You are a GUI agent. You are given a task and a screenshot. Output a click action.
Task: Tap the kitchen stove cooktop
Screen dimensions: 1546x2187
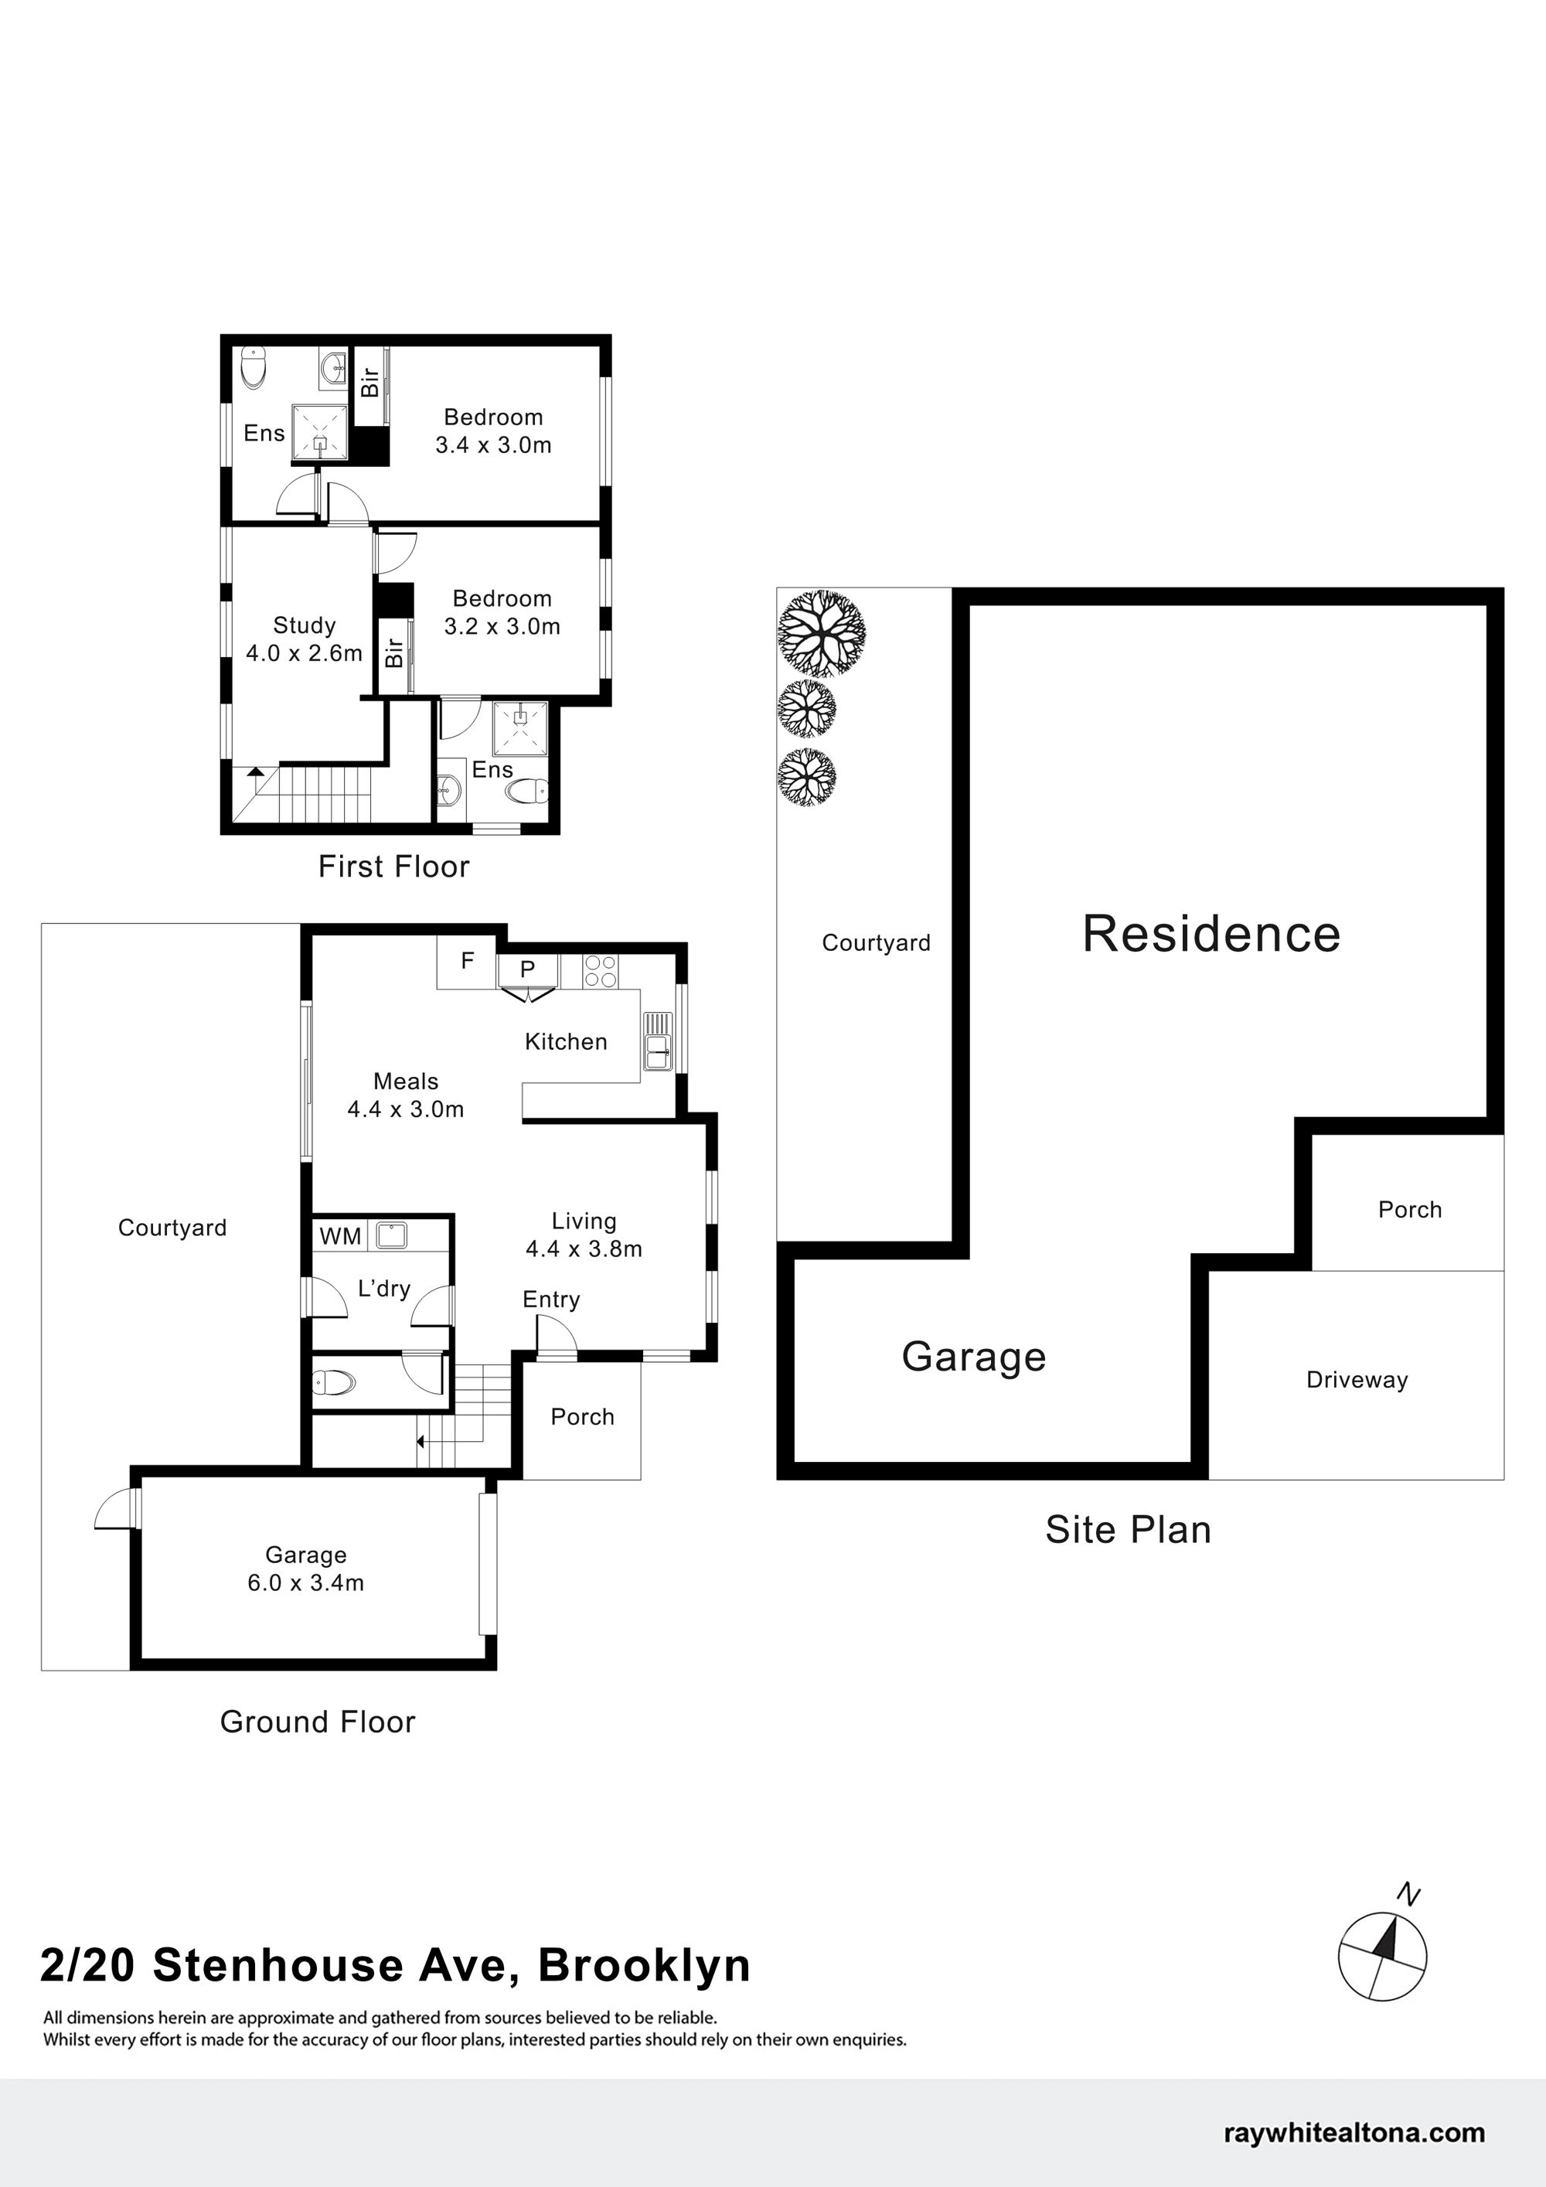[600, 971]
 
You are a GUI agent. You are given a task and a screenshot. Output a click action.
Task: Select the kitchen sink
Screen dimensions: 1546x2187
[657, 1041]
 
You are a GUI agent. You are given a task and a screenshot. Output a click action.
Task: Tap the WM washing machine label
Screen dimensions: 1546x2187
[340, 1236]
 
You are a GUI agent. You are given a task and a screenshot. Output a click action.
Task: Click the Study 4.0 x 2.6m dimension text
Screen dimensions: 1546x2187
[304, 653]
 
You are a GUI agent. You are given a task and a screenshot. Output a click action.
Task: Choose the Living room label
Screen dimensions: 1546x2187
[584, 1221]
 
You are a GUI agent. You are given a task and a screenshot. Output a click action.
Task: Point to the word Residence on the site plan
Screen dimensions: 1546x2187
[1211, 934]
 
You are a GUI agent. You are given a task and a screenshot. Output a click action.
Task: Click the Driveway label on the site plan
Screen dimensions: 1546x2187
[1357, 1380]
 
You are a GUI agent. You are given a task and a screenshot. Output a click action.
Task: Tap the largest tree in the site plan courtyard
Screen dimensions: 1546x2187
[821, 632]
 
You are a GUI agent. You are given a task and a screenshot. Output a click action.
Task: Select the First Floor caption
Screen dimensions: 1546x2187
[393, 867]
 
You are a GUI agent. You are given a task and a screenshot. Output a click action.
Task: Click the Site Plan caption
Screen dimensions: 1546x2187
[1128, 1530]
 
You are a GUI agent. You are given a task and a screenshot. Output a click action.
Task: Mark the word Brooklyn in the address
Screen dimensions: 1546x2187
[645, 1966]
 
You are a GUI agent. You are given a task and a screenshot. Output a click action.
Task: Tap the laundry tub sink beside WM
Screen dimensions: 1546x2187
[391, 1236]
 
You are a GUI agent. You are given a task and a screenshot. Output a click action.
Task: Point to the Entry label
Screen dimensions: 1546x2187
[550, 1300]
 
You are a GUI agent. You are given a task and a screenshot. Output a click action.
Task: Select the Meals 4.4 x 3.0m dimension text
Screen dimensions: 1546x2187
[406, 1109]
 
